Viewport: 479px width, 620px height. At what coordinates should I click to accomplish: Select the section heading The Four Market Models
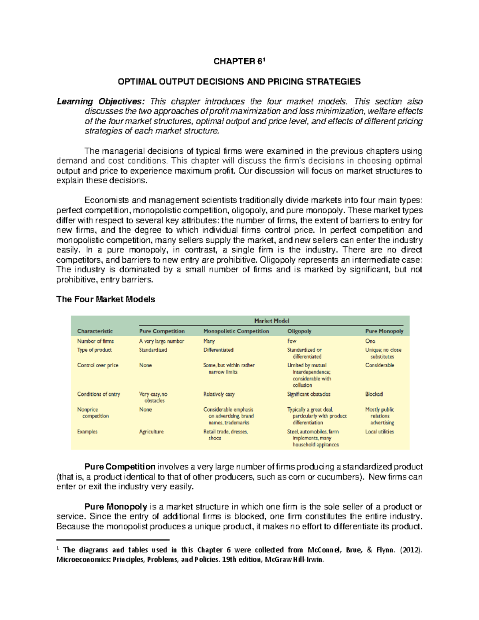click(x=105, y=299)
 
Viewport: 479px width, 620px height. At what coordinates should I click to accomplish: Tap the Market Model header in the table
click(x=271, y=321)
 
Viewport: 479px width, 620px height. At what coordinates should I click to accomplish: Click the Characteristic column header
click(x=95, y=331)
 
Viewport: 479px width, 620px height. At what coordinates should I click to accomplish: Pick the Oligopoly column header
click(x=299, y=331)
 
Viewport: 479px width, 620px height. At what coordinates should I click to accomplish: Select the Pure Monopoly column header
click(x=384, y=331)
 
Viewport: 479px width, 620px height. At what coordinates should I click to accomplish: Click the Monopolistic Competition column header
click(x=236, y=331)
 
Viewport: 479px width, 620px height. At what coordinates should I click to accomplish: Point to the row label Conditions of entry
click(x=98, y=394)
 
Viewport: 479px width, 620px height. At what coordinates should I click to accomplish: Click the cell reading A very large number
click(x=161, y=341)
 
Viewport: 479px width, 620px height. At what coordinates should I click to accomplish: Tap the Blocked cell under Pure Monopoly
click(x=374, y=394)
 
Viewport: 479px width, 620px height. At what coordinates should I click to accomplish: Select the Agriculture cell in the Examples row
click(x=151, y=432)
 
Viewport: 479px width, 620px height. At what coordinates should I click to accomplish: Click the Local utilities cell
click(x=379, y=432)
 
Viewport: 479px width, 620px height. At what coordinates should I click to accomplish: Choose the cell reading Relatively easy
click(x=219, y=394)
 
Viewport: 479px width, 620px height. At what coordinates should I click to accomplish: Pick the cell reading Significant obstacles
click(x=309, y=394)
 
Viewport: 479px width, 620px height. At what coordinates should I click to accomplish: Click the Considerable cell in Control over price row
click(x=379, y=365)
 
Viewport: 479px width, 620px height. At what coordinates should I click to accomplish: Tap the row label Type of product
click(x=94, y=350)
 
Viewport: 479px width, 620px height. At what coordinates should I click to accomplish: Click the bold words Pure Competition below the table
click(x=120, y=467)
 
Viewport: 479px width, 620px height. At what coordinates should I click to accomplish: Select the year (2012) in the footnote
click(x=411, y=550)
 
